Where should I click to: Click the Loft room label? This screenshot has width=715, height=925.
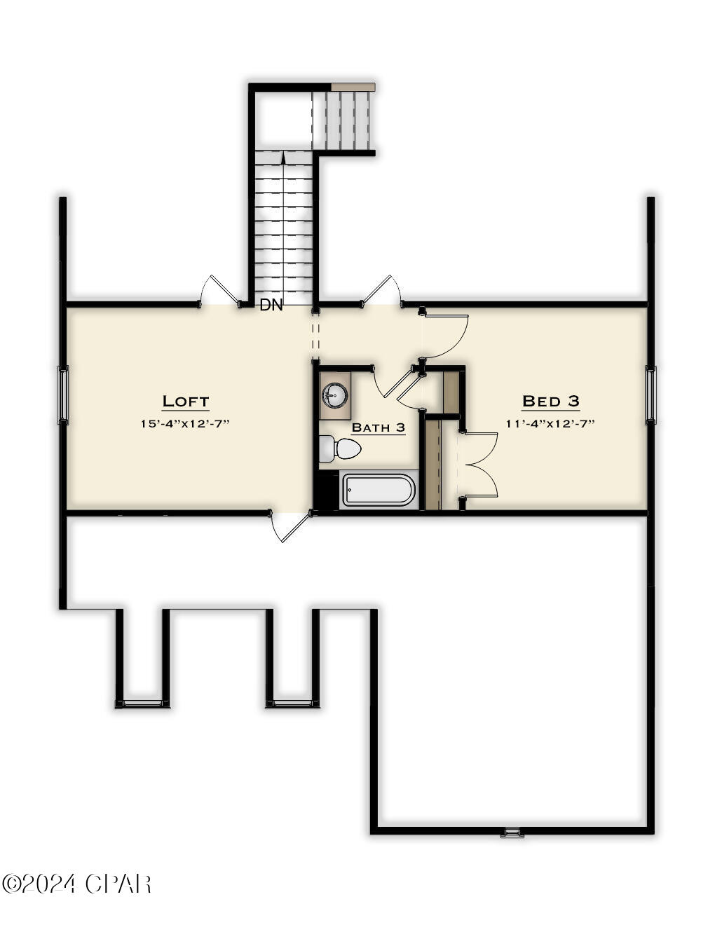[186, 402]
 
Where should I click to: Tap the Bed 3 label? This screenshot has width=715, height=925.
[551, 402]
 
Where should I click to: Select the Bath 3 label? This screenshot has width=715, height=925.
[378, 427]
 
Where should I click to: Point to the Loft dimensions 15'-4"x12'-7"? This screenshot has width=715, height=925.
[186, 424]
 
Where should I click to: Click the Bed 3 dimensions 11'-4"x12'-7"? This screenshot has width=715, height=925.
[551, 424]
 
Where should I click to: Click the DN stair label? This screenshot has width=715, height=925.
[271, 306]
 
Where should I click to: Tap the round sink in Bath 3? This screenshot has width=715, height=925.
[335, 395]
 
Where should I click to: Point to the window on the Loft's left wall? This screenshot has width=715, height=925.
[64, 395]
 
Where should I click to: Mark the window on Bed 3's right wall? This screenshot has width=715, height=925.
[651, 395]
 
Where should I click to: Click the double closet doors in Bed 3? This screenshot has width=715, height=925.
[480, 465]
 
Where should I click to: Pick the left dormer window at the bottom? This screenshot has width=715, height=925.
[143, 703]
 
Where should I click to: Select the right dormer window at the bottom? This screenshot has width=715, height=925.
[293, 703]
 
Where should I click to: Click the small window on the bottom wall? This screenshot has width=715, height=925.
[512, 832]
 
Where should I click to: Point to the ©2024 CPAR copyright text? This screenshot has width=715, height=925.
[76, 884]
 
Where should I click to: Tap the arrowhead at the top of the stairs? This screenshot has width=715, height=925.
[283, 158]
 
